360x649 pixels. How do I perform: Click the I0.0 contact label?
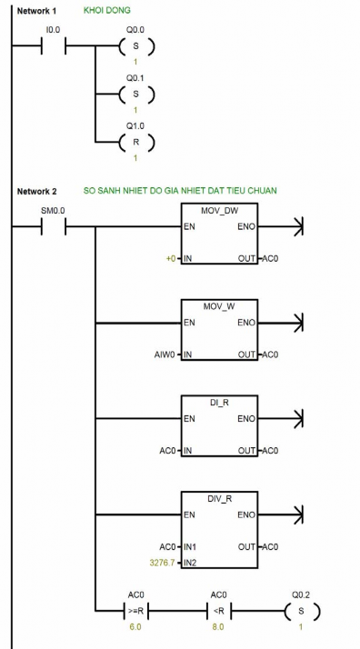(x=53, y=31)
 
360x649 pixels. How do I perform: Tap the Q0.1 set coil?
(x=135, y=93)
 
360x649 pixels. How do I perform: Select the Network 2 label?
(x=36, y=191)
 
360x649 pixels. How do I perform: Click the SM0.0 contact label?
(x=53, y=211)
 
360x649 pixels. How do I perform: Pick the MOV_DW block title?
(x=219, y=210)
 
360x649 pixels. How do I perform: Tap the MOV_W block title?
(x=219, y=306)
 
